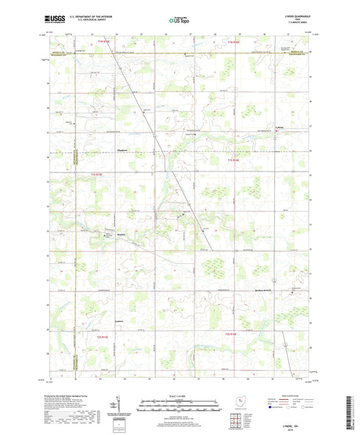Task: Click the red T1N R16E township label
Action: point(234,44)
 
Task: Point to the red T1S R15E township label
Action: point(96,175)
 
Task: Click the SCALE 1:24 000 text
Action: point(180,396)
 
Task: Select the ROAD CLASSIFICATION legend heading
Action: point(290,396)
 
